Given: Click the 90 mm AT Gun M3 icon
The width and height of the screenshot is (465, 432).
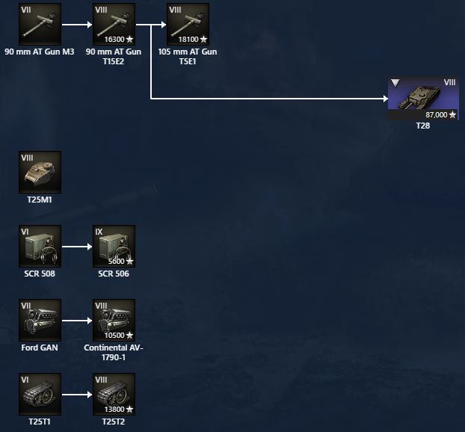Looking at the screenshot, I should (40, 24).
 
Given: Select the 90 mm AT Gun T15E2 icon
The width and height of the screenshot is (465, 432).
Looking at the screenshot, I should (114, 24).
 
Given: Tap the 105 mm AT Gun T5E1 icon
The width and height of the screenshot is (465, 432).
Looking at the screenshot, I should (188, 24).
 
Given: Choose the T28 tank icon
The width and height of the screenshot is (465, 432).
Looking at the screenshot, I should (423, 98).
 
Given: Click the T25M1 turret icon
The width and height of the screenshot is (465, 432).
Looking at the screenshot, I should (40, 173).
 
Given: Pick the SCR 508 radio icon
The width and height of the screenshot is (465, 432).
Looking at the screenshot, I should (40, 246).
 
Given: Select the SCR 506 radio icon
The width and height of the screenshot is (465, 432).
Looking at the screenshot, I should (114, 246).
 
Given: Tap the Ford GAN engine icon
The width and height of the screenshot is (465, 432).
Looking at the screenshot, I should (40, 320).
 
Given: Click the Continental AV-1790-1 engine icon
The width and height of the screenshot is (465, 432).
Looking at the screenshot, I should (114, 320).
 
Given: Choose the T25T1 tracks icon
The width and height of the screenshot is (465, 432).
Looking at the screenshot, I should (40, 394).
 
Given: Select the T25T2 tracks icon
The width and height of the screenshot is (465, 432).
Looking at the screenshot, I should (114, 394).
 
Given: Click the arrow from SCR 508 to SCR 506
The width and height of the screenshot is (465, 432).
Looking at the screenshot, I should (76, 246).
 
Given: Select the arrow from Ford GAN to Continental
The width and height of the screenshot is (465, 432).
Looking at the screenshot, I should (76, 320).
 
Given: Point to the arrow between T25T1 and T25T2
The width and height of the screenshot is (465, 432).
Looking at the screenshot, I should (76, 394).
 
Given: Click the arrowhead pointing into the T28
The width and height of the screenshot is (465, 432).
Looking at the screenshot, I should (384, 98).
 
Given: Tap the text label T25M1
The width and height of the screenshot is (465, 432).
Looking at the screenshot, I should (40, 200).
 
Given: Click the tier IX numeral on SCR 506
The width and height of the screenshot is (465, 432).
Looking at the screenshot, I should (99, 232).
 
